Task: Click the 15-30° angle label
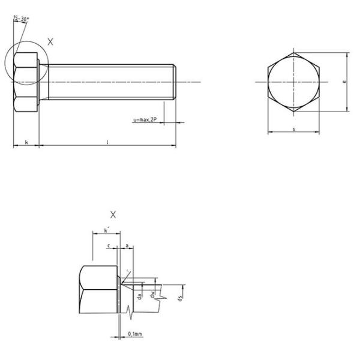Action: tap(21, 19)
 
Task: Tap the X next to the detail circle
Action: tap(50, 42)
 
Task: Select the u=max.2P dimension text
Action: tap(145, 120)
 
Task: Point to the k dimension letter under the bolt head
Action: tap(26, 142)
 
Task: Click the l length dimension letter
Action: tap(107, 142)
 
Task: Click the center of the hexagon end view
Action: tap(293, 82)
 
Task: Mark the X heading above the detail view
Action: tap(113, 214)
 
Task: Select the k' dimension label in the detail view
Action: tap(106, 230)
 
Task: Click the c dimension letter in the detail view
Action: tap(108, 245)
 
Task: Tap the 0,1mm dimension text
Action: tap(135, 334)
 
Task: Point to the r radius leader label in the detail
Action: tap(128, 271)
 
